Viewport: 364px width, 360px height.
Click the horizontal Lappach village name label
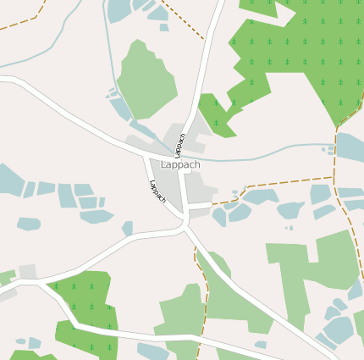[x=180, y=165]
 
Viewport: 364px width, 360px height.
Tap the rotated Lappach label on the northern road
[x=179, y=144]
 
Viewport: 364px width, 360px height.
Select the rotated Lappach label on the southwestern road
[x=157, y=191]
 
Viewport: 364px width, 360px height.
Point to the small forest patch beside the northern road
[x=217, y=114]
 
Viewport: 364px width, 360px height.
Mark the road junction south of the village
[x=185, y=222]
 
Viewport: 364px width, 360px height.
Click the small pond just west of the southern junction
[x=128, y=228]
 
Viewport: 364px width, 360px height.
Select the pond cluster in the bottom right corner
[x=339, y=326]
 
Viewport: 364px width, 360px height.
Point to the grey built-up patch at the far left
[x=27, y=272]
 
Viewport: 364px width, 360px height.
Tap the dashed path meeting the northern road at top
[x=186, y=20]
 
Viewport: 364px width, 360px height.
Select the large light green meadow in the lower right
[x=313, y=271]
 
